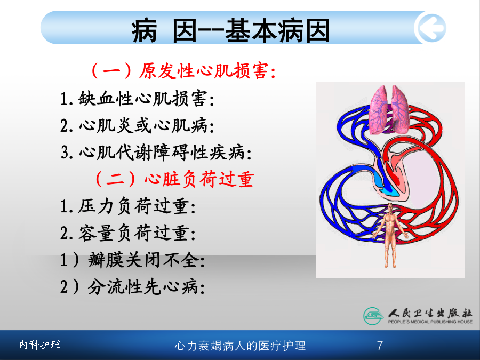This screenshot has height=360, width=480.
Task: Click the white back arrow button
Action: pyautogui.click(x=430, y=28)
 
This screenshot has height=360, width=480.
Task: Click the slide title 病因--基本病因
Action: pyautogui.click(x=231, y=30)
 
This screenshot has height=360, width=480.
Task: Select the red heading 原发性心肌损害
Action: pyautogui.click(x=183, y=71)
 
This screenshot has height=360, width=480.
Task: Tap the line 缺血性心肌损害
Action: pyautogui.click(x=137, y=99)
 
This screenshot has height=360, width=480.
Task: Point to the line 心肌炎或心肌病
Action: pyautogui.click(x=137, y=125)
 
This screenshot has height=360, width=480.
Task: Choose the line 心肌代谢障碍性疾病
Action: pyautogui.click(x=156, y=152)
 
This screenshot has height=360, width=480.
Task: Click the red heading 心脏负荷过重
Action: pyautogui.click(x=175, y=179)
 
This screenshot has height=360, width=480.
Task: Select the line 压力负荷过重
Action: pyautogui.click(x=128, y=206)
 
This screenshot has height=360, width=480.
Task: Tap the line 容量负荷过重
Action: pyautogui.click(x=128, y=233)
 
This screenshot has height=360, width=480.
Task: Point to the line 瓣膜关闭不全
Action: pyautogui.click(x=133, y=260)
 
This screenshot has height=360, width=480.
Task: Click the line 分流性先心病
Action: pyautogui.click(x=133, y=287)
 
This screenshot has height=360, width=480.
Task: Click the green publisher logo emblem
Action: pyautogui.click(x=373, y=316)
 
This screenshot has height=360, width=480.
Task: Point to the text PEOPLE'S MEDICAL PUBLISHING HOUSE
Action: pyautogui.click(x=430, y=322)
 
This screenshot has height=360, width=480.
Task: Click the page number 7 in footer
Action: pyautogui.click(x=380, y=346)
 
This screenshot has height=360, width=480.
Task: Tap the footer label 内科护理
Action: pyautogui.click(x=40, y=345)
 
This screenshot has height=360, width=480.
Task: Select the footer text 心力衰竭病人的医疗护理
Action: pyautogui.click(x=240, y=346)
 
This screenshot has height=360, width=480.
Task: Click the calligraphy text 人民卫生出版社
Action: pyautogui.click(x=430, y=313)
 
